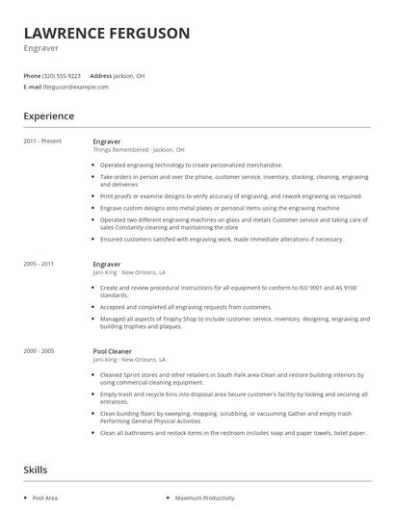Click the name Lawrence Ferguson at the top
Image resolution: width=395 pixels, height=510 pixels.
coord(106,33)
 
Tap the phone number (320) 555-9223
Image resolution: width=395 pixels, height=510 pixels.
coord(63,75)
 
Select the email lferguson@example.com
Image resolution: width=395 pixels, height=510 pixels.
coord(76,87)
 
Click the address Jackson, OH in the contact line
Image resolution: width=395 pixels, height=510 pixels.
coord(130,75)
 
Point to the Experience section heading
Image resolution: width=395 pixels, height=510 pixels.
coord(49,116)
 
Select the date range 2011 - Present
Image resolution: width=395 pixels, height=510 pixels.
coord(43,141)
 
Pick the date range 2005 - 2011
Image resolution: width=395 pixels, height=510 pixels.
coord(39,263)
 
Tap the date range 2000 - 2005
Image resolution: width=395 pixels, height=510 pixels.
coord(39,352)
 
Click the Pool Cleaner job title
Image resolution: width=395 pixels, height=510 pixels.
coord(112,352)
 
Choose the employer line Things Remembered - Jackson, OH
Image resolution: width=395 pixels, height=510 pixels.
coord(139,150)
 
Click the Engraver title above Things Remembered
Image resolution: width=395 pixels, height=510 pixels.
coord(107,141)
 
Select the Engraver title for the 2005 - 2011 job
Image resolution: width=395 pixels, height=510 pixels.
coord(107,263)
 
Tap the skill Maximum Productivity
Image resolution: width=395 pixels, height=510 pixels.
coord(206,498)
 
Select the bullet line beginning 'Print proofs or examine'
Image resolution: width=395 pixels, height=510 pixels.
coord(231,196)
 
